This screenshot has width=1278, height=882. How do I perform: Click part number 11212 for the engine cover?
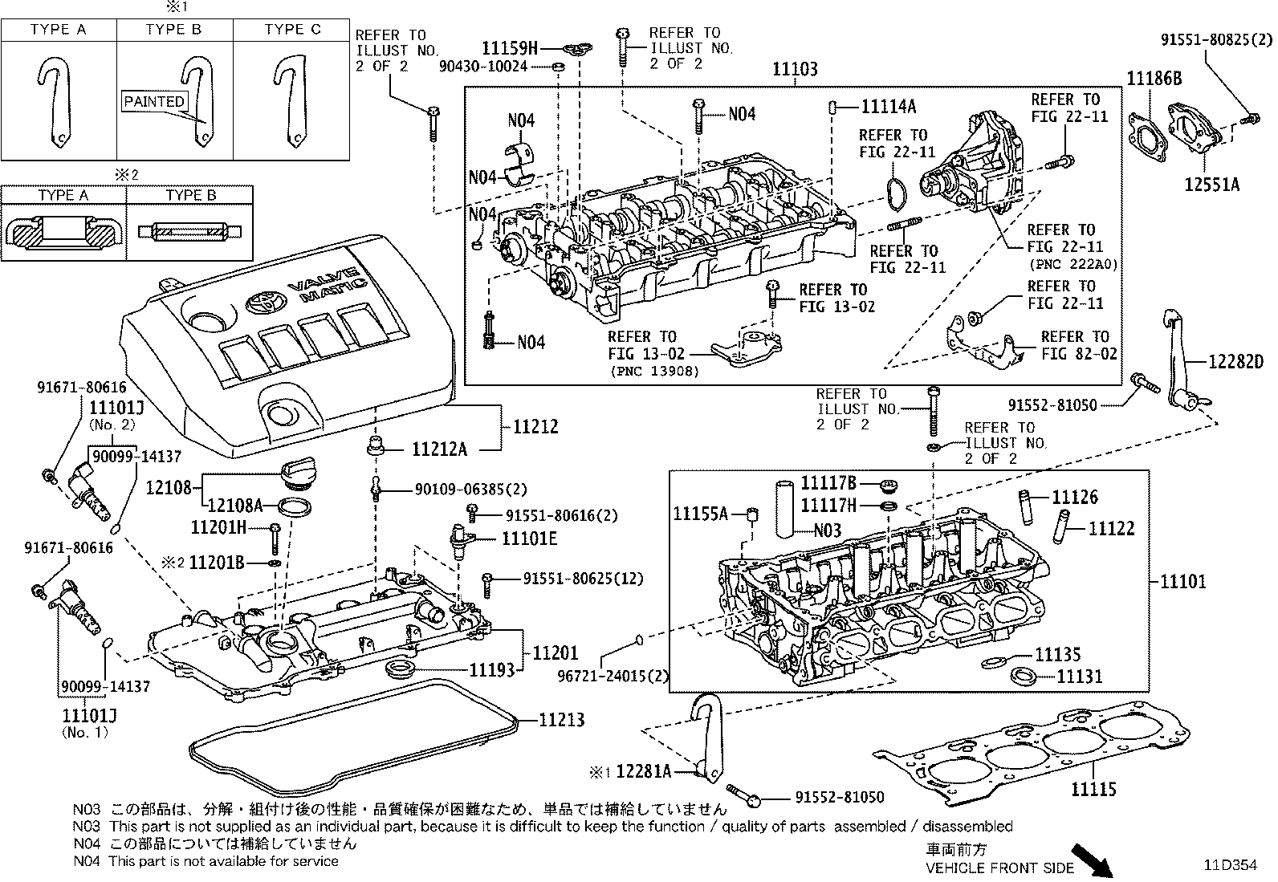[531, 427]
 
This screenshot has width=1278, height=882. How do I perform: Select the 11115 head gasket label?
[1093, 790]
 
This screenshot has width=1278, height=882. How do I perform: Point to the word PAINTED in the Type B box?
[155, 102]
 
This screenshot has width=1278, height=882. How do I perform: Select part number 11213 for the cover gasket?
[560, 720]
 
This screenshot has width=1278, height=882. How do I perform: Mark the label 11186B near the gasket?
[1154, 79]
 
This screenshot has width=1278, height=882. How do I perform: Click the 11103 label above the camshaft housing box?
[795, 70]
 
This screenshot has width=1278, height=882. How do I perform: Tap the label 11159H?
[520, 47]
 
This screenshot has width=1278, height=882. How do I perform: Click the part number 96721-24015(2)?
[613, 676]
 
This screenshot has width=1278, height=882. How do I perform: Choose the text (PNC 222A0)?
[1072, 264]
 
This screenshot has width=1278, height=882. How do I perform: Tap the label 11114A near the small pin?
[889, 107]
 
